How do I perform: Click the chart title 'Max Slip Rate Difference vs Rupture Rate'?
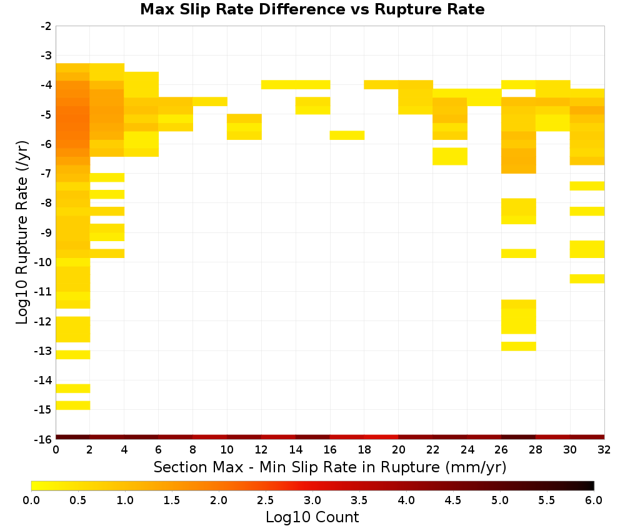click(x=312, y=9)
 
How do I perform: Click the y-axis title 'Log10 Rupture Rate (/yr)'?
click(x=22, y=232)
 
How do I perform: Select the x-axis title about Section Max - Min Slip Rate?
click(x=330, y=467)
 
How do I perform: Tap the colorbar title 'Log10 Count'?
click(x=312, y=517)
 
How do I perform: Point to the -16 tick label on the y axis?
click(x=43, y=439)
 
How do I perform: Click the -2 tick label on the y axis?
click(x=46, y=26)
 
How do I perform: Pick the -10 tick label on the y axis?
click(x=43, y=262)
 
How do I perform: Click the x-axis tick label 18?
click(x=364, y=450)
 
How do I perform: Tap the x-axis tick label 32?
click(x=604, y=450)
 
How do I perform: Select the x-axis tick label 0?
click(x=56, y=450)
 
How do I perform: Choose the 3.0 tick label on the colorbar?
click(x=312, y=500)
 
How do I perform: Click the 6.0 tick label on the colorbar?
click(x=594, y=500)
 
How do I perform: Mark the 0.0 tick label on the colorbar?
click(x=31, y=500)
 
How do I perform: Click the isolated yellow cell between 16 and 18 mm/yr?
click(x=347, y=136)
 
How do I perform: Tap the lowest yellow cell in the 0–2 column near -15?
click(x=73, y=405)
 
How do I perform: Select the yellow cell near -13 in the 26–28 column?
click(x=519, y=346)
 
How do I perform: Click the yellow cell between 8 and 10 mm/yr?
click(x=210, y=102)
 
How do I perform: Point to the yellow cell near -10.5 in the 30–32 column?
click(x=587, y=279)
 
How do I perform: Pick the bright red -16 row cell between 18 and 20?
click(x=381, y=437)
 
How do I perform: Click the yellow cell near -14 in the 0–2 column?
click(x=73, y=389)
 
